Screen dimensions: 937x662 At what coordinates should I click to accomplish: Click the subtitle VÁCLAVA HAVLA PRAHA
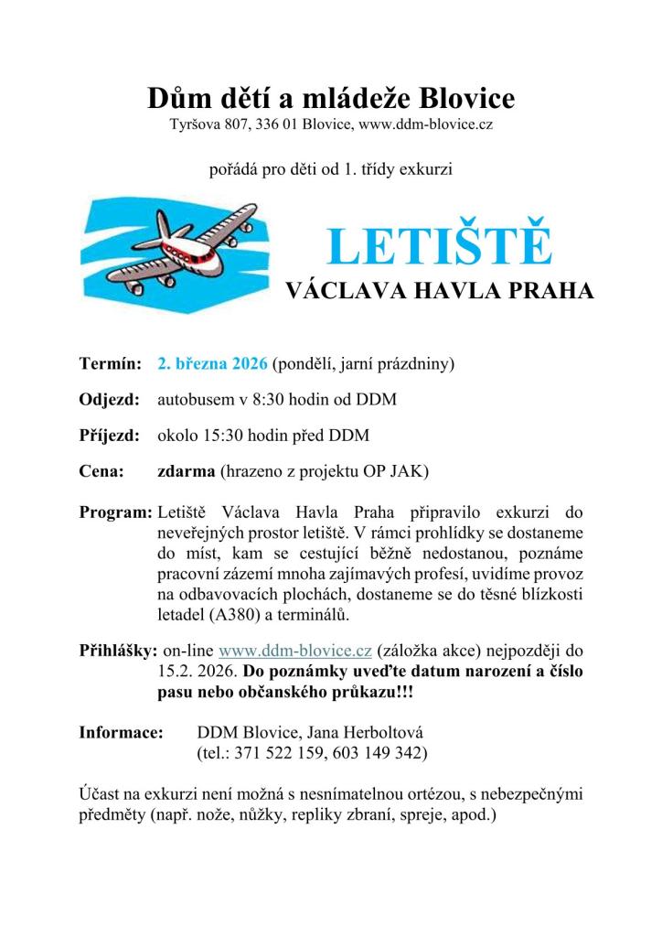pos(440,292)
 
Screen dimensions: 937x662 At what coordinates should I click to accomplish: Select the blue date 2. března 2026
pos(212,363)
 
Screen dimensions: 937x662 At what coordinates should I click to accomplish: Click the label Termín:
pos(109,363)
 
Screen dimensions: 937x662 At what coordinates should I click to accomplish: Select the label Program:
pos(115,509)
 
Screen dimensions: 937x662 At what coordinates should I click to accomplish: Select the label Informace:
pos(120,733)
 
